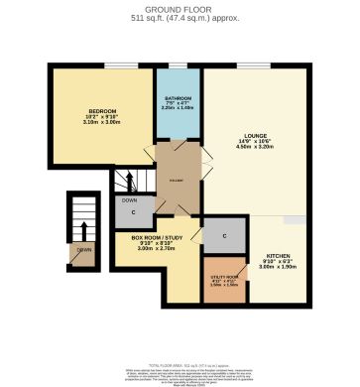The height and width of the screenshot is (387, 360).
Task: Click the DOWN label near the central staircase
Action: coord(129,200)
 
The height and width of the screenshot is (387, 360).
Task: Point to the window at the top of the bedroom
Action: coord(105,65)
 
